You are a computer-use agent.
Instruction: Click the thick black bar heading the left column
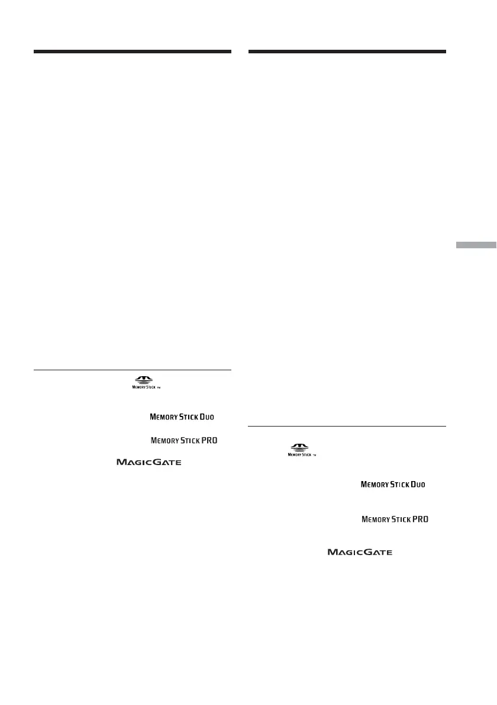pyautogui.click(x=132, y=52)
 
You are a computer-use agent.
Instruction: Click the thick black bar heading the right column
pyautogui.click(x=347, y=52)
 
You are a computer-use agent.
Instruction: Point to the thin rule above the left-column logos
pyautogui.click(x=132, y=370)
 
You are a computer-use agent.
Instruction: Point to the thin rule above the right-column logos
pyautogui.click(x=347, y=426)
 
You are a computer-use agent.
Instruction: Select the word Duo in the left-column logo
pyautogui.click(x=206, y=417)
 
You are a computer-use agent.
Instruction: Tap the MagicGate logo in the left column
pyautogui.click(x=149, y=462)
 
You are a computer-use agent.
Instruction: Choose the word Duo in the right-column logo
pyautogui.click(x=417, y=485)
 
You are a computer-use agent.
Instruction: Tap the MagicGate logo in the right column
pyautogui.click(x=360, y=552)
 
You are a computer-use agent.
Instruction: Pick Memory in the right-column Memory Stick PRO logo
pyautogui.click(x=375, y=520)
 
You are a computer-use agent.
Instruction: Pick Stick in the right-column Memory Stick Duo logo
pyautogui.click(x=399, y=485)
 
